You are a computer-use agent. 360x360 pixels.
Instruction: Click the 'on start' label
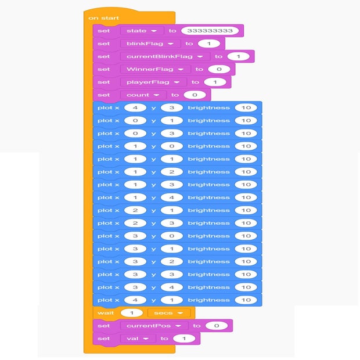(104, 18)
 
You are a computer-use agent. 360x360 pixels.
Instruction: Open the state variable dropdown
(141, 31)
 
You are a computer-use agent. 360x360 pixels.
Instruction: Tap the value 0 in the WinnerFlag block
(219, 69)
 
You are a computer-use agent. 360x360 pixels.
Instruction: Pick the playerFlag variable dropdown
(153, 82)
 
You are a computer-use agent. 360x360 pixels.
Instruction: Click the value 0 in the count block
(195, 95)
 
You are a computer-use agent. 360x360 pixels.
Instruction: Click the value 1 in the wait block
(132, 313)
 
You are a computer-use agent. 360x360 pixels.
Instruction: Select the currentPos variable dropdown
(154, 326)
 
